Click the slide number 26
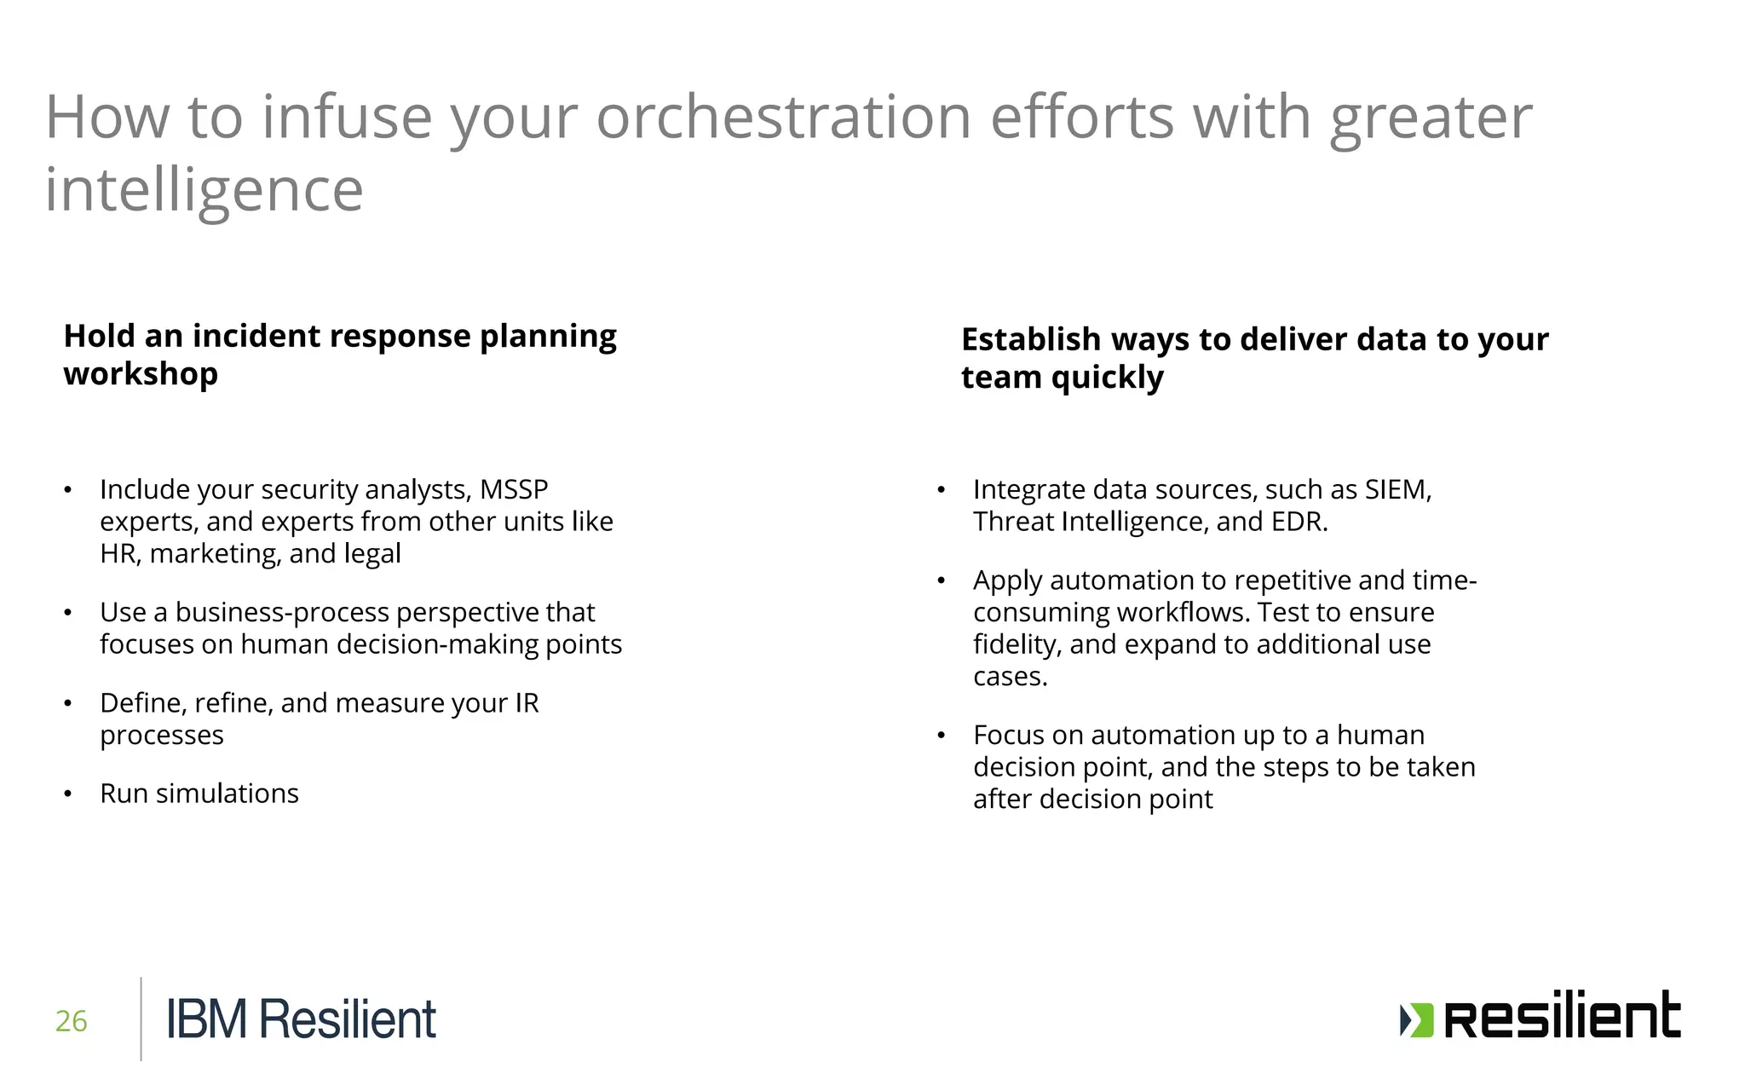71,1020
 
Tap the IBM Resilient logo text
301,1019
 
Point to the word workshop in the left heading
141,373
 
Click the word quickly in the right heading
1106,377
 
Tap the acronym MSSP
514,489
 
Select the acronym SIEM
1397,489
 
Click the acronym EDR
1298,522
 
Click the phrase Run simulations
199,794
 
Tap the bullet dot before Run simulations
67,794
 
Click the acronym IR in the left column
527,703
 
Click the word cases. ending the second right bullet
1010,677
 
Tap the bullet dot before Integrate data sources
941,490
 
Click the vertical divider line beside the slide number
141,1019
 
